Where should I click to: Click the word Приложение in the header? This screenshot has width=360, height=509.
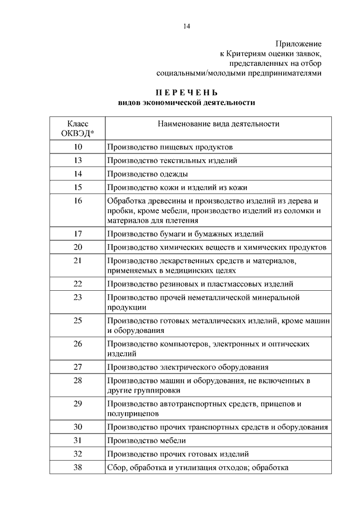coord(298,43)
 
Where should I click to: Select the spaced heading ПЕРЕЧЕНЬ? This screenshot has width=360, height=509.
coord(186,92)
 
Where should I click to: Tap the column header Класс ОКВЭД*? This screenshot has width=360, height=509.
coord(78,128)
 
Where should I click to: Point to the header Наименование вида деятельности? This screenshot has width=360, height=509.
coord(218,124)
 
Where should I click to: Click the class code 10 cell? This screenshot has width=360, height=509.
coord(78,147)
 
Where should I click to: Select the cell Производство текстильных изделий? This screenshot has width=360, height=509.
coord(172,160)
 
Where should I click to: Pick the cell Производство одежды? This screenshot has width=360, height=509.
coord(147,174)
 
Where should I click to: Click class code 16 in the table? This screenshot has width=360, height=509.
coord(78,201)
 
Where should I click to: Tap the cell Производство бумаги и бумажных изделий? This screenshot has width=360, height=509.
coord(185,233)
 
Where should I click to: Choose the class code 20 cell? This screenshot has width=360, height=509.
coord(78,247)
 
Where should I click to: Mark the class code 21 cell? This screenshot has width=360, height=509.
coord(78,260)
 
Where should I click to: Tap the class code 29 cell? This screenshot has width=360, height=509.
coord(78,403)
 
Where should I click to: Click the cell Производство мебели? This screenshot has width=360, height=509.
coord(146,440)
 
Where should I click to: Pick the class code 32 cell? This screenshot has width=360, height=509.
coord(78,453)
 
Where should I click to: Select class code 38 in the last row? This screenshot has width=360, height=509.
coord(78,467)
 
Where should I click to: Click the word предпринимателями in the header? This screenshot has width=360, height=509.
coord(283,73)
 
